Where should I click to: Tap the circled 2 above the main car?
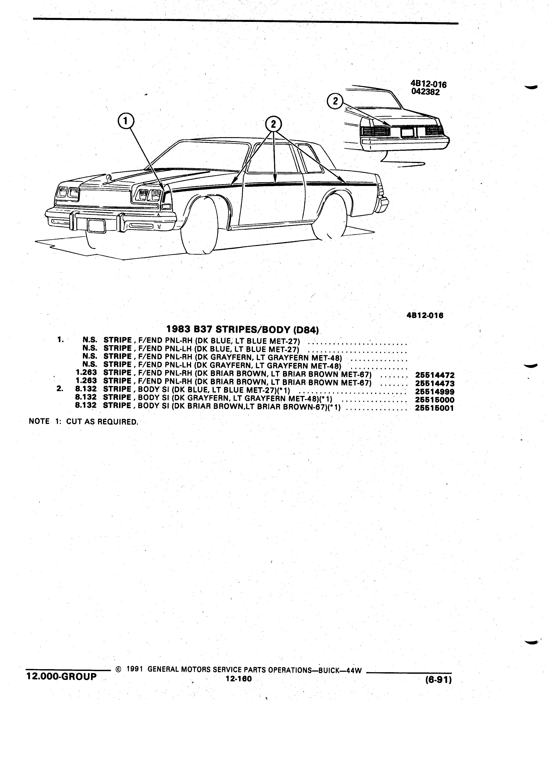click(274, 124)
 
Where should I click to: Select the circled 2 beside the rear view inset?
click(335, 101)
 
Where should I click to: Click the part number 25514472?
click(434, 375)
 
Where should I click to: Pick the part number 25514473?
click(434, 384)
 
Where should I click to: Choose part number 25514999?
click(434, 392)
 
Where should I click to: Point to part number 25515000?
click(434, 400)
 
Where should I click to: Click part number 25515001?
click(434, 408)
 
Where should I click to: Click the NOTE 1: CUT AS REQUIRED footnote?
click(84, 422)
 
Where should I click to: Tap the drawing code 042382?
click(425, 92)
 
